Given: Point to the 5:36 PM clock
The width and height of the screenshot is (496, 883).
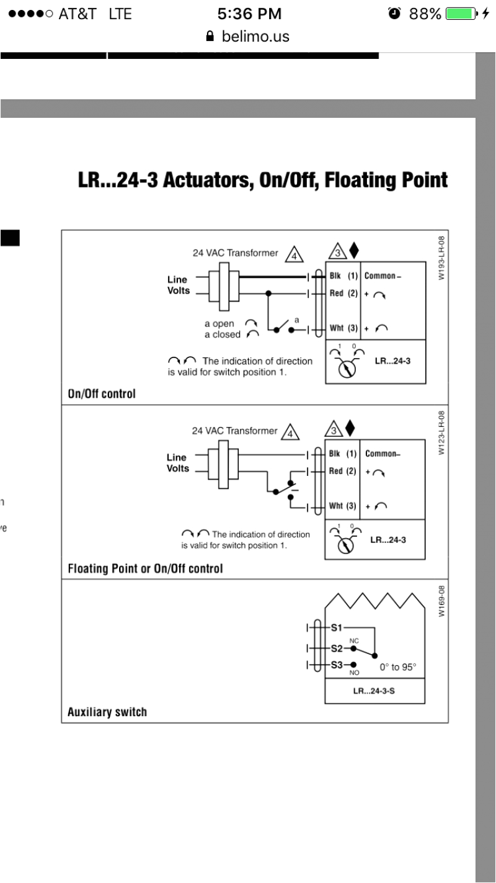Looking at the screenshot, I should coord(250,14).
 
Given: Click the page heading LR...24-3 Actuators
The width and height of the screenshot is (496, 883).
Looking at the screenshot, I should coord(263,181).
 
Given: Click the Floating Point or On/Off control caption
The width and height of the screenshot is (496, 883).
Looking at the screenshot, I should coord(144,568).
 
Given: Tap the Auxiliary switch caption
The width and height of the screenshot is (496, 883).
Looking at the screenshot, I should coord(107,712).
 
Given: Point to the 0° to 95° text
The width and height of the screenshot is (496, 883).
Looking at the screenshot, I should coord(398,668).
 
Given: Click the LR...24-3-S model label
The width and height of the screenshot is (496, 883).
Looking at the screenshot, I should coord(374,691).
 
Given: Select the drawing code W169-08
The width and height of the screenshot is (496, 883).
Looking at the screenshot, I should coord(441,601).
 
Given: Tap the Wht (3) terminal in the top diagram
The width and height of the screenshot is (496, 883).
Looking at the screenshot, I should coord(342,328).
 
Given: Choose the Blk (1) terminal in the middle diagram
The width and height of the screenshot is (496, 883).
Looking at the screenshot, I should coord(342,454).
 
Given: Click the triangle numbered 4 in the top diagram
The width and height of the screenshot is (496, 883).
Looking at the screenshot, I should coord(294,255).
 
